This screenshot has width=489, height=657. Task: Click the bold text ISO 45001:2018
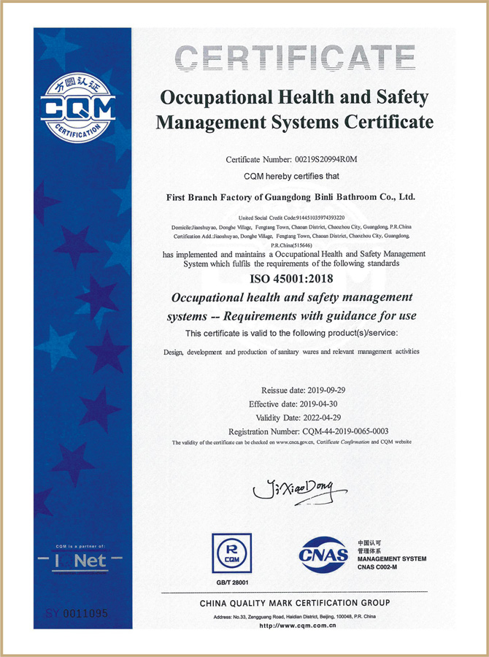(x=292, y=279)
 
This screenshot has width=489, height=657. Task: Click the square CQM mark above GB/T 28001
(x=231, y=553)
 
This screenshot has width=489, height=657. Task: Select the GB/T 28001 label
(x=231, y=582)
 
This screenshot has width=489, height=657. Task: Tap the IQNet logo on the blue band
(x=82, y=561)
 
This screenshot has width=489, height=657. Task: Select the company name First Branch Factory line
(x=291, y=196)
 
